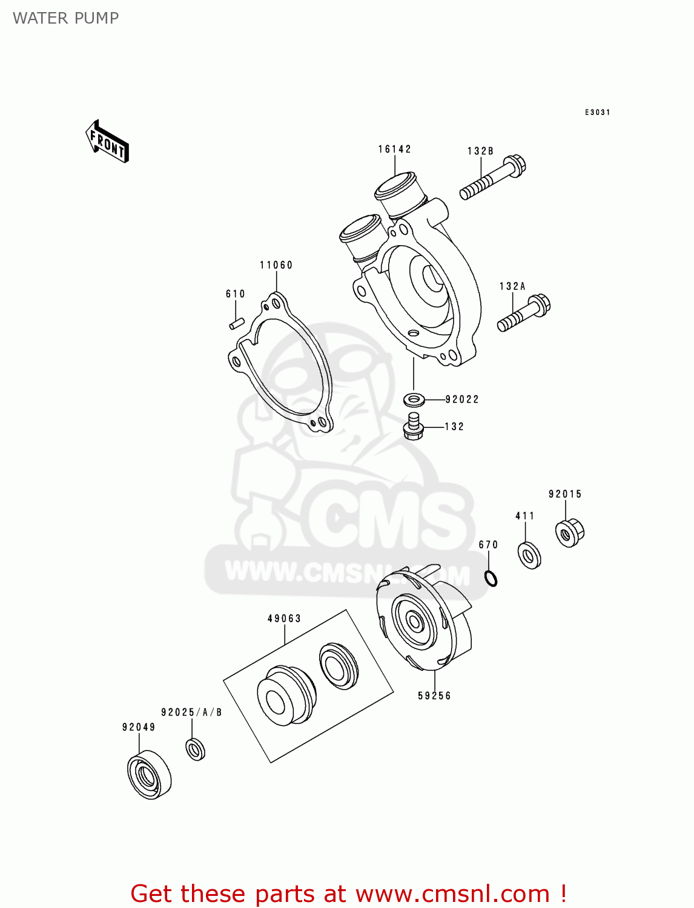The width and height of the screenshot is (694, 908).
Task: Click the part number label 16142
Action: tap(395, 149)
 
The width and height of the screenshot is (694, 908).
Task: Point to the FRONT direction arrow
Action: tap(108, 142)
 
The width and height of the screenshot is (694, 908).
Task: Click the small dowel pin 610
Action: tap(236, 324)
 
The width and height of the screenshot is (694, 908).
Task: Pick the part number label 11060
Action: tap(276, 265)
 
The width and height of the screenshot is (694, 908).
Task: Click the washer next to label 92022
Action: tap(414, 400)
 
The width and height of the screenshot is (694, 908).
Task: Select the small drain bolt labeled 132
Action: tap(413, 426)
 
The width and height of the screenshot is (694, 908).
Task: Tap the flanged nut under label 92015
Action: tap(569, 533)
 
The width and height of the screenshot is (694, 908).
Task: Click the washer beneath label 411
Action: tap(529, 555)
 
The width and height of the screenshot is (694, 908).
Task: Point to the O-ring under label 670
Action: tap(491, 578)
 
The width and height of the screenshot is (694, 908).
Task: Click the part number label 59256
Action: tap(434, 696)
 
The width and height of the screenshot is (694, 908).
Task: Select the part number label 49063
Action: tap(284, 619)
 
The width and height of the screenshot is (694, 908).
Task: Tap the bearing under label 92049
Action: tap(149, 775)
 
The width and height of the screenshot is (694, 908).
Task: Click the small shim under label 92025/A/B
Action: tap(195, 749)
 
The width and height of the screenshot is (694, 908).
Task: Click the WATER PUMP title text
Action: tap(65, 18)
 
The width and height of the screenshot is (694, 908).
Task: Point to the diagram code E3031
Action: tap(597, 113)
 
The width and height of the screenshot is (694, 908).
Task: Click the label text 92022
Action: tap(462, 400)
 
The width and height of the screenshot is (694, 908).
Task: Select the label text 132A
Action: tap(512, 286)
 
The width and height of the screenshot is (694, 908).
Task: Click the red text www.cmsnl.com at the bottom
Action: tap(452, 893)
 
